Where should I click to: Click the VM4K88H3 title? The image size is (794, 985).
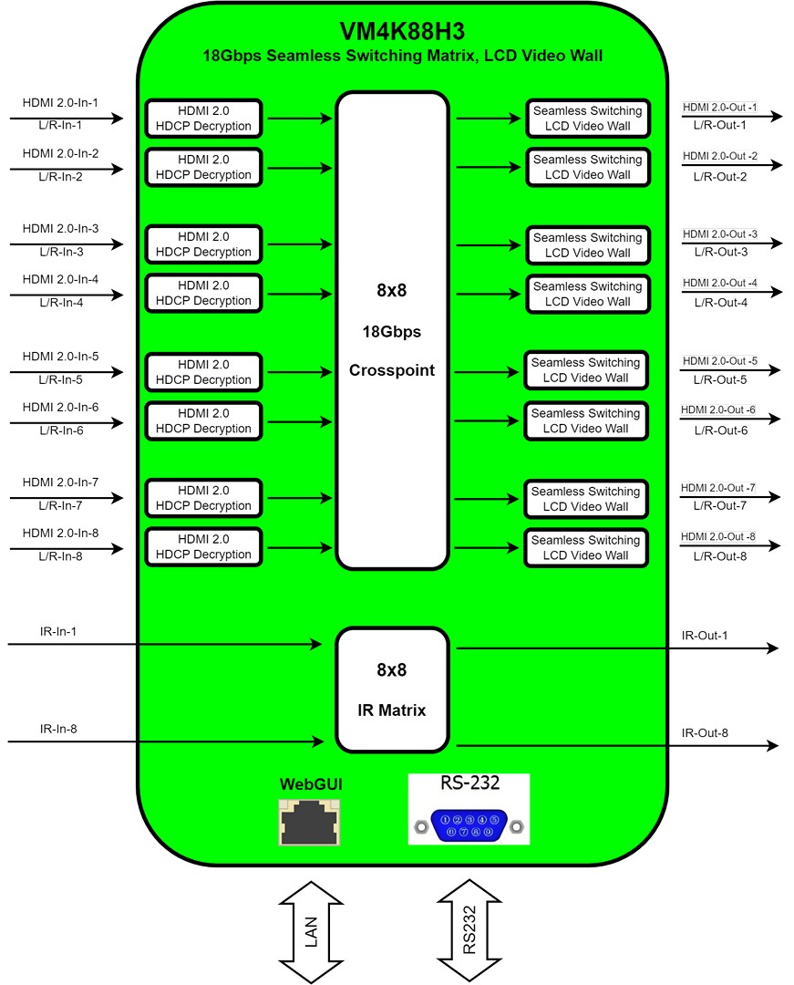pyautogui.click(x=402, y=31)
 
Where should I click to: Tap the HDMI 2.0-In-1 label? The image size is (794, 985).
pyautogui.click(x=60, y=102)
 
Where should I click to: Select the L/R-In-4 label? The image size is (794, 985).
pyautogui.click(x=61, y=302)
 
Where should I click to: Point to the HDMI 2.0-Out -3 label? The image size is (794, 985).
pyautogui.click(x=720, y=233)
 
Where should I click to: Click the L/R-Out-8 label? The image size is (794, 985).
pyautogui.click(x=720, y=556)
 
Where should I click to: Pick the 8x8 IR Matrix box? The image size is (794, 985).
pyautogui.click(x=392, y=689)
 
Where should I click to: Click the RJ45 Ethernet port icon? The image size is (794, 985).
pyautogui.click(x=309, y=823)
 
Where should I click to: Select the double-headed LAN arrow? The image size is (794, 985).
pyautogui.click(x=312, y=931)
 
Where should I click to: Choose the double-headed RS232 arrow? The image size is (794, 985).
pyautogui.click(x=469, y=929)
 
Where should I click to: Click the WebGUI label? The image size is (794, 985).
pyautogui.click(x=311, y=784)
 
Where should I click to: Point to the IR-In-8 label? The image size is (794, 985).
pyautogui.click(x=58, y=729)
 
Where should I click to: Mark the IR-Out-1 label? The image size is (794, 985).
pyautogui.click(x=705, y=635)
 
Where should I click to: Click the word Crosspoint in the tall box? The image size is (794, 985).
pyautogui.click(x=392, y=370)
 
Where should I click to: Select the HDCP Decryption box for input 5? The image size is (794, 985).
pyautogui.click(x=203, y=372)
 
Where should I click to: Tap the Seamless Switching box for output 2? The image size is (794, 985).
pyautogui.click(x=587, y=167)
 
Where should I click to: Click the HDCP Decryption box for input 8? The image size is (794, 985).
pyautogui.click(x=203, y=546)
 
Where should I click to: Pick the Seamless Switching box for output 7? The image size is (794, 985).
pyautogui.click(x=585, y=499)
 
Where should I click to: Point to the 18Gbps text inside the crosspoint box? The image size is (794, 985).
pyautogui.click(x=392, y=332)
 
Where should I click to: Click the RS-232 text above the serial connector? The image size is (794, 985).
pyautogui.click(x=470, y=783)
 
